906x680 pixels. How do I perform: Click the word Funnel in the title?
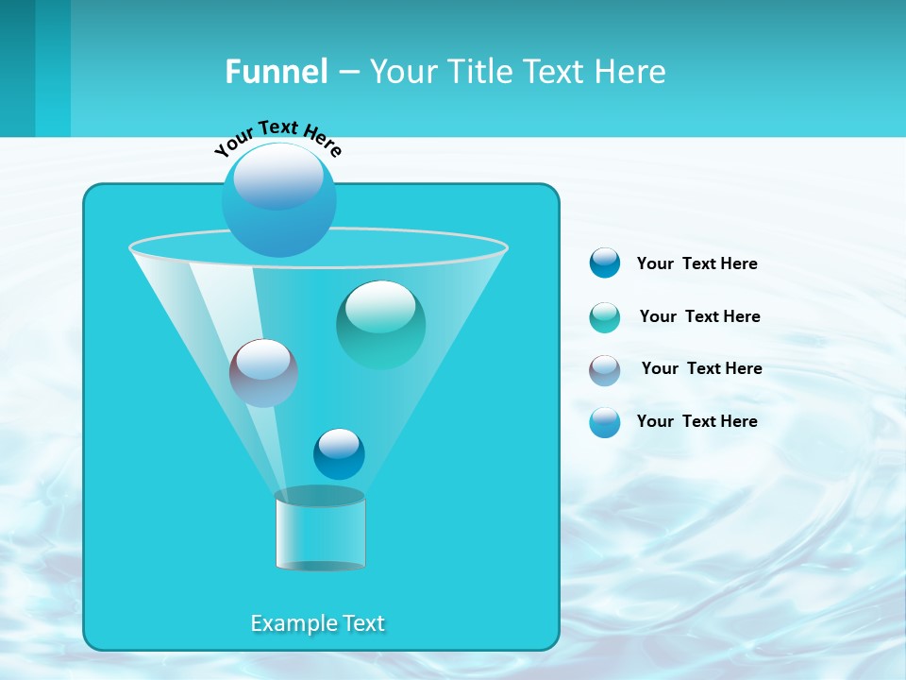click(276, 72)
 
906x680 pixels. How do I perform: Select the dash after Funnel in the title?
click(348, 72)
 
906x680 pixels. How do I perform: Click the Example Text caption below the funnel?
click(318, 623)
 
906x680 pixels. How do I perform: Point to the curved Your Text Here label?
click(278, 138)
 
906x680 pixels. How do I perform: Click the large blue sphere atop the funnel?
click(279, 199)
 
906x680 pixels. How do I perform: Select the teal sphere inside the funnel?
click(380, 324)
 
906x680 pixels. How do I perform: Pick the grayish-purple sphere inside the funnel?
click(263, 373)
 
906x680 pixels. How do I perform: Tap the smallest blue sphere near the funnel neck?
click(339, 453)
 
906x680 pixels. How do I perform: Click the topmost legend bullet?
click(605, 263)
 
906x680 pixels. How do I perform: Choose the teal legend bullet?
click(605, 317)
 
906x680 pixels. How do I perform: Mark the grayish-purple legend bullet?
click(605, 370)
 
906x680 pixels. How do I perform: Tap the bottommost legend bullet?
click(605, 422)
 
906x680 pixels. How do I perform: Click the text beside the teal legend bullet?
click(699, 316)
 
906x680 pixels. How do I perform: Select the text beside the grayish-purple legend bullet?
click(701, 368)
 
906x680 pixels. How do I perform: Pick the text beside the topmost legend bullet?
click(696, 263)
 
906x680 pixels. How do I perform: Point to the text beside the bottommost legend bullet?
click(696, 421)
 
